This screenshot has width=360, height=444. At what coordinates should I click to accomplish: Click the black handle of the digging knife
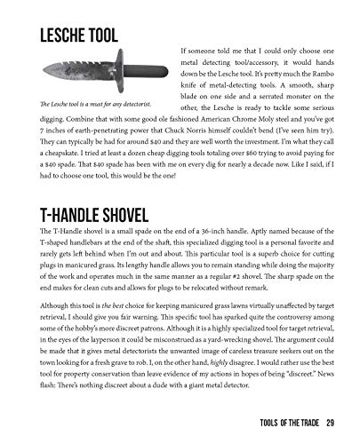pos(138,72)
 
